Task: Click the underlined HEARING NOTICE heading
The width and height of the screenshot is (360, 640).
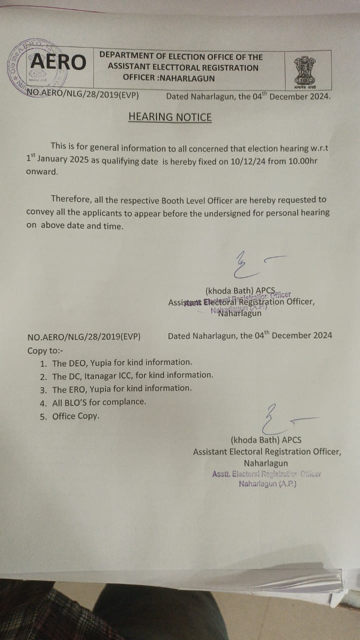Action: (x=170, y=117)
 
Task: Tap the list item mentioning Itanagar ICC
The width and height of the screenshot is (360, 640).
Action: (x=132, y=375)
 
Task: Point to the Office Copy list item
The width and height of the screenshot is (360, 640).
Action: (x=75, y=415)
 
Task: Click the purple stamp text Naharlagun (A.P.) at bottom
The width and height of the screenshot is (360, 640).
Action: (x=267, y=484)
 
